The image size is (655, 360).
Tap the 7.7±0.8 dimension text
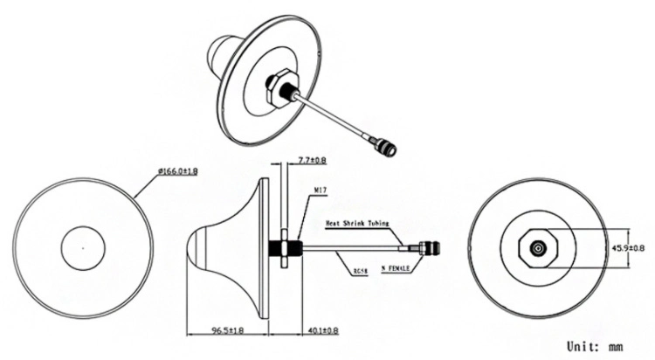[x=313, y=160]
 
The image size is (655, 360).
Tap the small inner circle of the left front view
[x=83, y=248]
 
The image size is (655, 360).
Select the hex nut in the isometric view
[x=281, y=89]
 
